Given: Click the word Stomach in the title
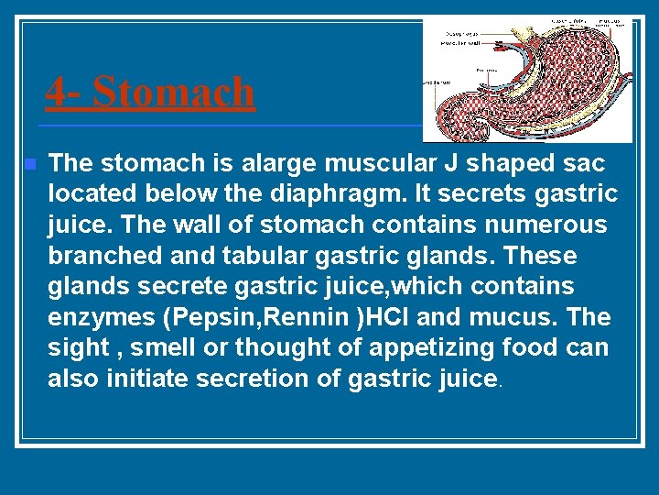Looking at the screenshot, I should click(x=174, y=92).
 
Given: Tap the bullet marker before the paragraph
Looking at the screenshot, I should click(x=29, y=165).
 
